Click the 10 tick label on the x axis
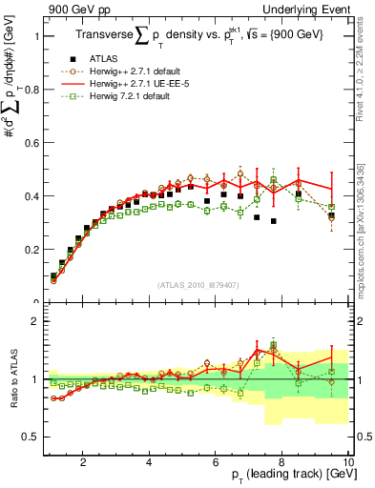[x=348, y=462]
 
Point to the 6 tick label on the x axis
[x=216, y=462]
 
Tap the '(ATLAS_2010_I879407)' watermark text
[x=198, y=285]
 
